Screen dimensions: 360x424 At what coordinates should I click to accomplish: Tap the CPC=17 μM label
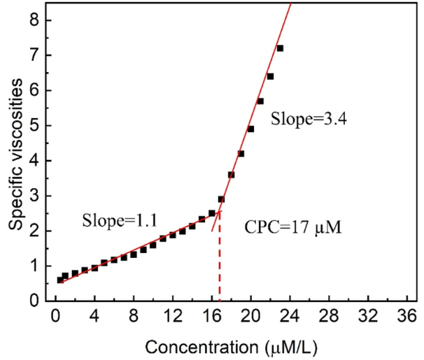click(x=292, y=228)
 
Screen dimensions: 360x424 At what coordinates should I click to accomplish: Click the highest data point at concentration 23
click(x=280, y=48)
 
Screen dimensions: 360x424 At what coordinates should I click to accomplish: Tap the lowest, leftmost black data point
click(x=60, y=280)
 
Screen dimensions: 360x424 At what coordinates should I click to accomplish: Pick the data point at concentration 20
click(x=250, y=129)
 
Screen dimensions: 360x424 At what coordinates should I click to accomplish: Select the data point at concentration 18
click(x=231, y=175)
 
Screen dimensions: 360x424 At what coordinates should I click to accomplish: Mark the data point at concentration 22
click(x=270, y=76)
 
